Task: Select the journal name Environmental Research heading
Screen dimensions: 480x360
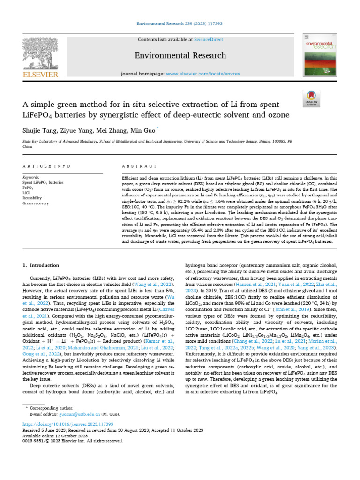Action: pos(180,56)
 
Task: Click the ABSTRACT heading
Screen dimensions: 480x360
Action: pos(139,166)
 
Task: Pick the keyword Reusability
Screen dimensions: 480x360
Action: pos(33,198)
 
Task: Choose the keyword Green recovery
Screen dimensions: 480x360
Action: pos(36,203)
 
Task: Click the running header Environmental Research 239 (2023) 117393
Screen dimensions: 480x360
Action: pos(180,23)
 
